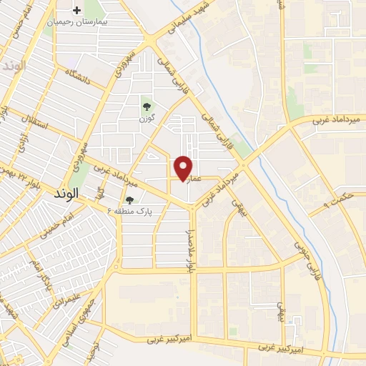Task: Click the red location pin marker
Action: [x=184, y=167]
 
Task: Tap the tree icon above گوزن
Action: [x=147, y=105]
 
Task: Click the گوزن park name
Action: [x=147, y=117]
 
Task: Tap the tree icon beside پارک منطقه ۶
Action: [x=129, y=200]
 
